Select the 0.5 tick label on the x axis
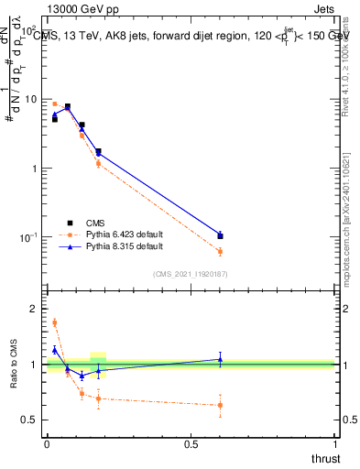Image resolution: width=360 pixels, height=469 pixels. coord(191,442)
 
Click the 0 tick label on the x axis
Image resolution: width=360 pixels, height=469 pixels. coord(47,442)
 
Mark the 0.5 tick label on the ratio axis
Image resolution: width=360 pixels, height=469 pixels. coord(33,420)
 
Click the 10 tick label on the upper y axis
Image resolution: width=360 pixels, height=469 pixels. coord(32,99)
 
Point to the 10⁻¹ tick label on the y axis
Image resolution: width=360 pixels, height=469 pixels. coord(30,237)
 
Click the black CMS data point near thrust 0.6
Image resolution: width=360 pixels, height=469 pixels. coord(220,236)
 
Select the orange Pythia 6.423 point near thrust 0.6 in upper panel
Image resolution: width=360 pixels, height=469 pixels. coord(220,251)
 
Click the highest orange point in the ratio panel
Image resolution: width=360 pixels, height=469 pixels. coord(54,322)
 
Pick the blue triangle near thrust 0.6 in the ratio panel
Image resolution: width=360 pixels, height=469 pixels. coord(220,359)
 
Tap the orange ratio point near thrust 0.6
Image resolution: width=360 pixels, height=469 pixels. coord(220,405)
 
